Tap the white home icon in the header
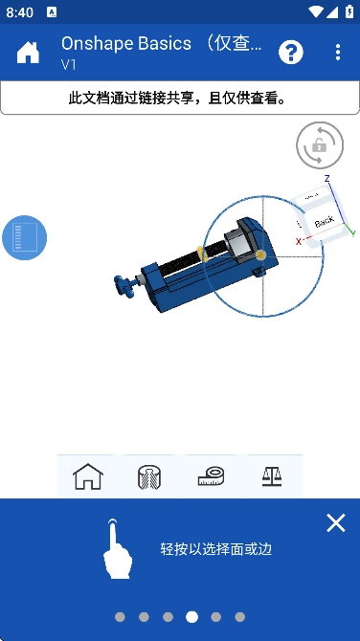[28, 53]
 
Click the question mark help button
[291, 53]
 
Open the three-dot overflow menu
[337, 53]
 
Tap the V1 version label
[69, 65]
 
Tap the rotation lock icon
[320, 145]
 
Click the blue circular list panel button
[25, 237]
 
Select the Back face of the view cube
[325, 222]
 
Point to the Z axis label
[327, 178]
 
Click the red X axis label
[299, 242]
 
